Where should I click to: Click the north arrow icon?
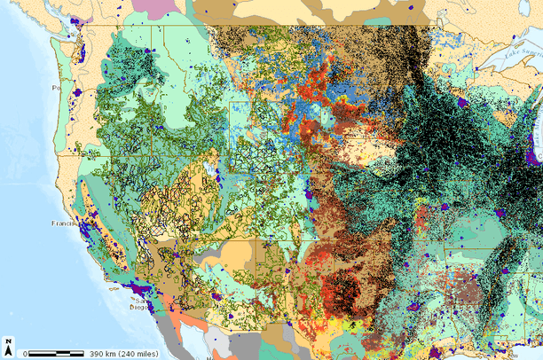[x=8, y=345]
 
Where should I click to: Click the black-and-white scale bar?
[x=56, y=354]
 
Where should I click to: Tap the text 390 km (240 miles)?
[x=123, y=354]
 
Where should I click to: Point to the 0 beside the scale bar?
[x=26, y=354]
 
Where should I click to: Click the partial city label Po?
[x=56, y=89]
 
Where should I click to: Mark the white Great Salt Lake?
[x=210, y=167]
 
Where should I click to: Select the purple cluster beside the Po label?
[x=77, y=91]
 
